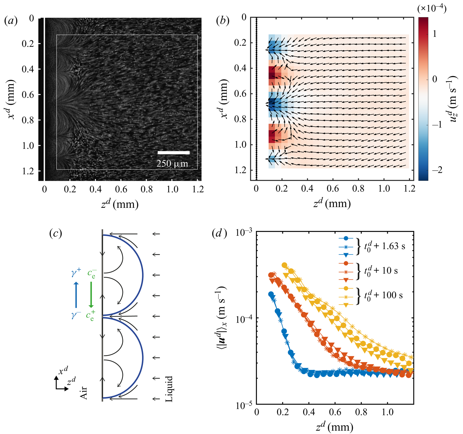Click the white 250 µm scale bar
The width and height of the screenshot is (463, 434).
coord(173,153)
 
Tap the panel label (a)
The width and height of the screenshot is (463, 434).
coord(11,20)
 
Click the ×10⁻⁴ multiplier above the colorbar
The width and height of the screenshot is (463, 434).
coord(432,9)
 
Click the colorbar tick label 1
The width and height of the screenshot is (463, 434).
coord(434,34)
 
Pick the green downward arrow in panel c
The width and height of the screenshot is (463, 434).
coord(91,294)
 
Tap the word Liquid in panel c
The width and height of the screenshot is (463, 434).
coord(169,389)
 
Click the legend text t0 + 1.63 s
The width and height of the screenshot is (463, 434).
coord(384,246)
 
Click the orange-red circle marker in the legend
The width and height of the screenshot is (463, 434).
coord(346,263)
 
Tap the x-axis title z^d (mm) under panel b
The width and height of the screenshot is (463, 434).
coord(332,204)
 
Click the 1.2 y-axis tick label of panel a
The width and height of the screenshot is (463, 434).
coord(28,171)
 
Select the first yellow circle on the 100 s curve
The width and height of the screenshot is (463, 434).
coord(285,265)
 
